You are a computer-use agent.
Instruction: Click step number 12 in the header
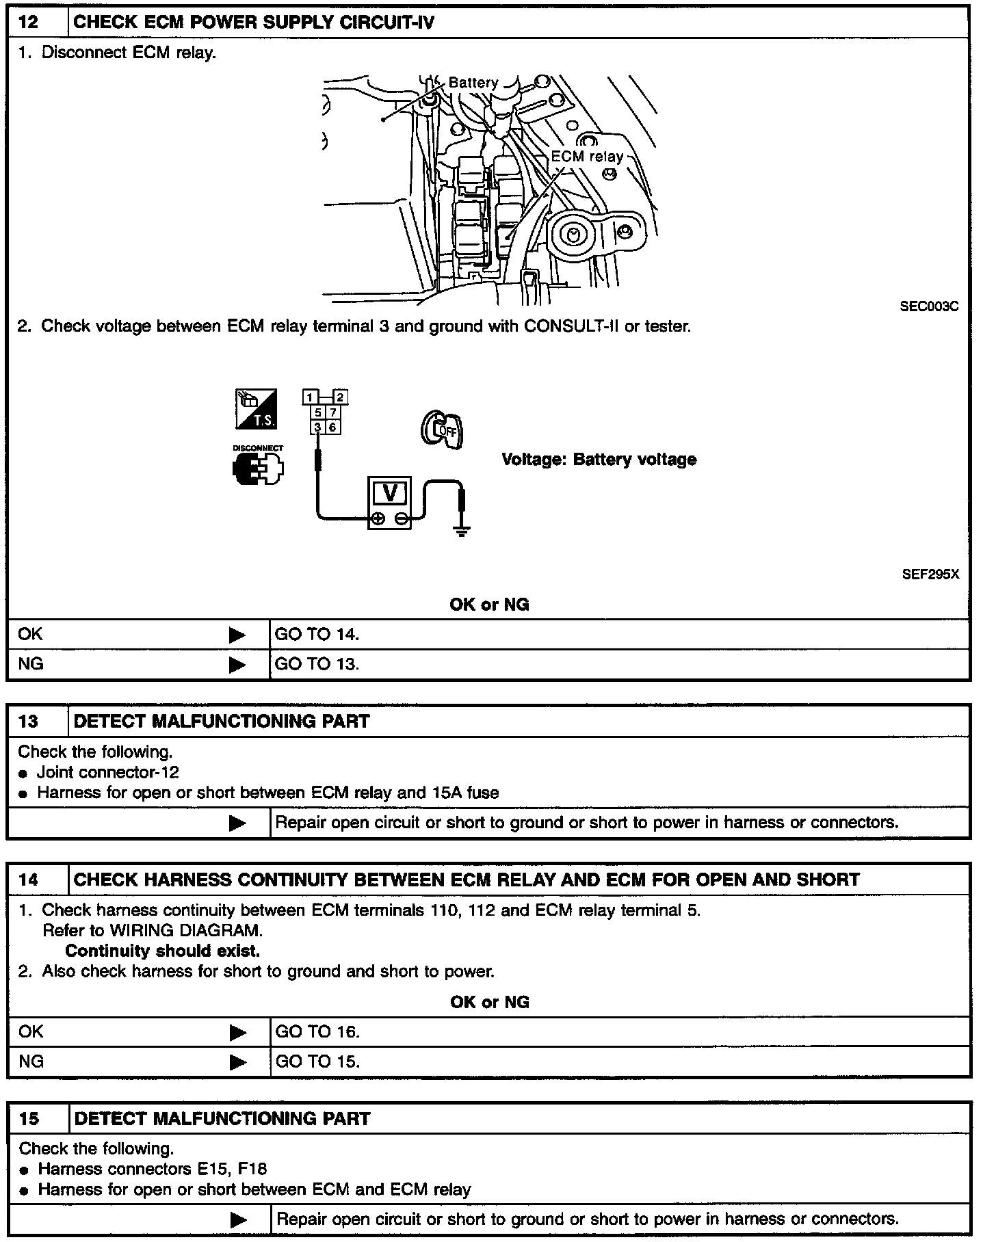tap(28, 22)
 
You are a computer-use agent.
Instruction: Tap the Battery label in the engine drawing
tap(473, 83)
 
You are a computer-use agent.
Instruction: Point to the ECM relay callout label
tap(587, 157)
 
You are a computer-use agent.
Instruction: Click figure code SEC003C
tap(929, 306)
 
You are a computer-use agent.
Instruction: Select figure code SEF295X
tap(930, 574)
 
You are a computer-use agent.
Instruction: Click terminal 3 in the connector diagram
tap(317, 427)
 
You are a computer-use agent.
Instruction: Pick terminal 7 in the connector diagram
tap(332, 412)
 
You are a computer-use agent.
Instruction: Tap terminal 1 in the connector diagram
tap(310, 397)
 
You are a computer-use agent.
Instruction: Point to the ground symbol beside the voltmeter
tap(462, 530)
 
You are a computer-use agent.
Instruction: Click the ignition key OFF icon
tap(441, 430)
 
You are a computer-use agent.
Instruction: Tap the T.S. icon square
tap(256, 409)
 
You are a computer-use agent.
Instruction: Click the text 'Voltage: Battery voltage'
tap(599, 459)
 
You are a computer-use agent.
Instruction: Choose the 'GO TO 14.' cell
tap(317, 635)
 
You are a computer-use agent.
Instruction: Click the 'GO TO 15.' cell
tap(317, 1061)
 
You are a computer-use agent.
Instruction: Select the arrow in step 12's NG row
tap(237, 664)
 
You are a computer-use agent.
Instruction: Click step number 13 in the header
tap(29, 721)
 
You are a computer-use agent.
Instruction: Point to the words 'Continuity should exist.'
tap(162, 951)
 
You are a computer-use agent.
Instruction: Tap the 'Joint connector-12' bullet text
tap(107, 772)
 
